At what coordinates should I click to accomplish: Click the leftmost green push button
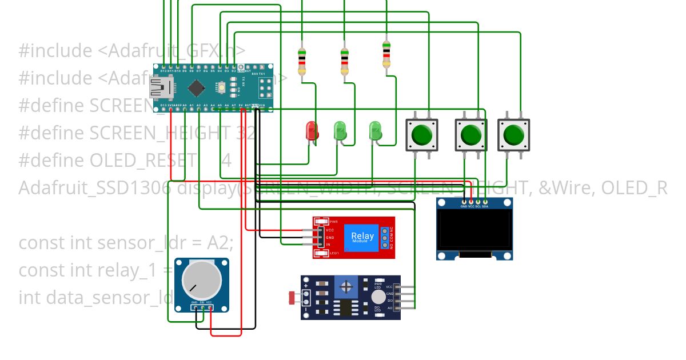click(x=421, y=135)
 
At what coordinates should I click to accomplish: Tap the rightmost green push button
click(x=513, y=135)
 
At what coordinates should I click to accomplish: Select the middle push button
click(x=470, y=135)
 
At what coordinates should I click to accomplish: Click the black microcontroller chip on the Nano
click(x=197, y=87)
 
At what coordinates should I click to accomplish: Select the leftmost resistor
click(x=302, y=62)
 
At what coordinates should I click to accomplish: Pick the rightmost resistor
click(x=387, y=54)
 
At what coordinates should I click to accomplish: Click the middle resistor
click(x=345, y=62)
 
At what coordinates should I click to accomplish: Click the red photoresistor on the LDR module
click(x=292, y=297)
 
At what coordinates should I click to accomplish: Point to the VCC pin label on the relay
click(x=329, y=230)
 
